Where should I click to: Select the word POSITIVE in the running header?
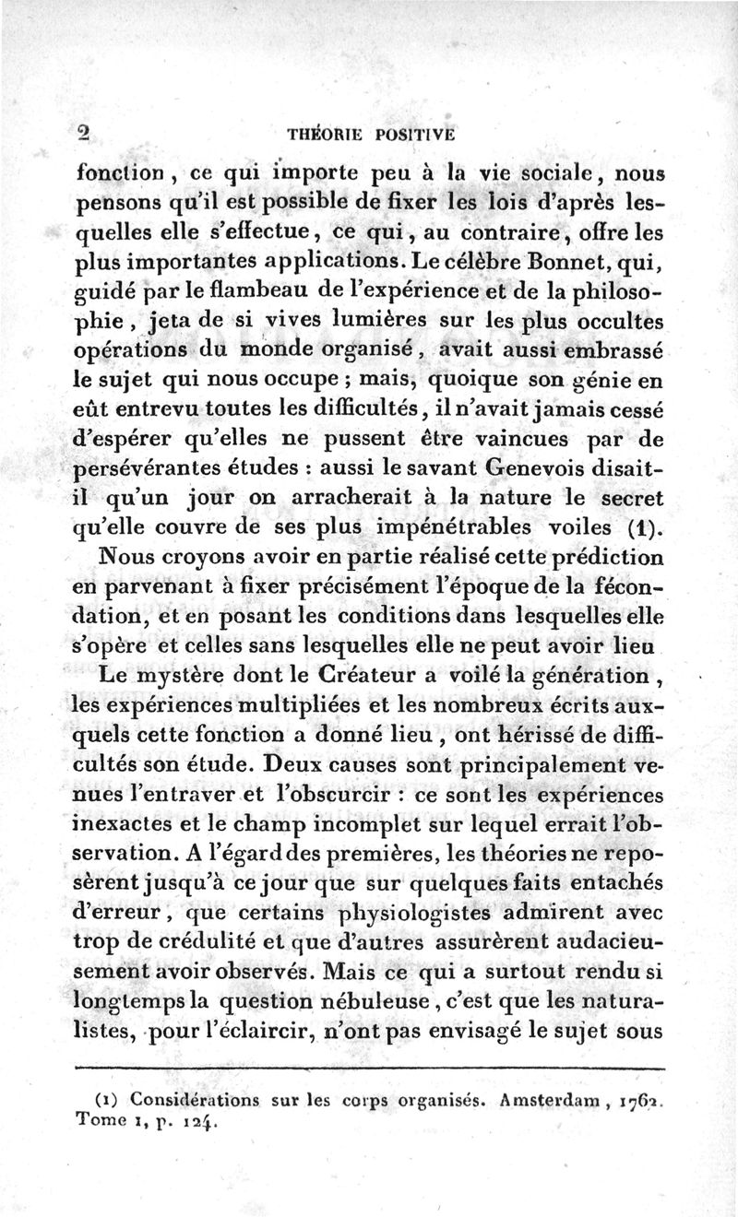coord(415,133)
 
